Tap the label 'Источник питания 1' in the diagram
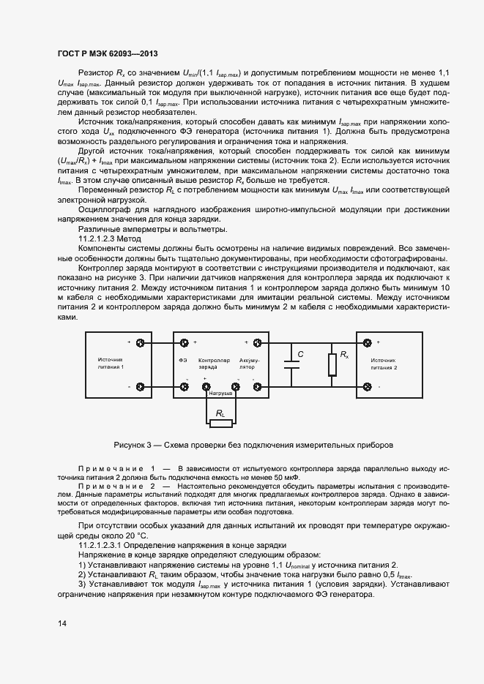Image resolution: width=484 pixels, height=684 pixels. tap(111, 364)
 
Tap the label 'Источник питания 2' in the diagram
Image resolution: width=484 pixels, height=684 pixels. tap(384, 364)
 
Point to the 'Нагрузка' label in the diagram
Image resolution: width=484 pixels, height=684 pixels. tap(220, 393)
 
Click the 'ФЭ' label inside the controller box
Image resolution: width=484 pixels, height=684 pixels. tap(182, 360)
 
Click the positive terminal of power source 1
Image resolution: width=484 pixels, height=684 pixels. tap(141, 342)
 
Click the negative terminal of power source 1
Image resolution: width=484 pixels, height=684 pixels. tap(141, 386)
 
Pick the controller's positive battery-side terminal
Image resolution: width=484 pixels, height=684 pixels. tap(257, 342)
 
